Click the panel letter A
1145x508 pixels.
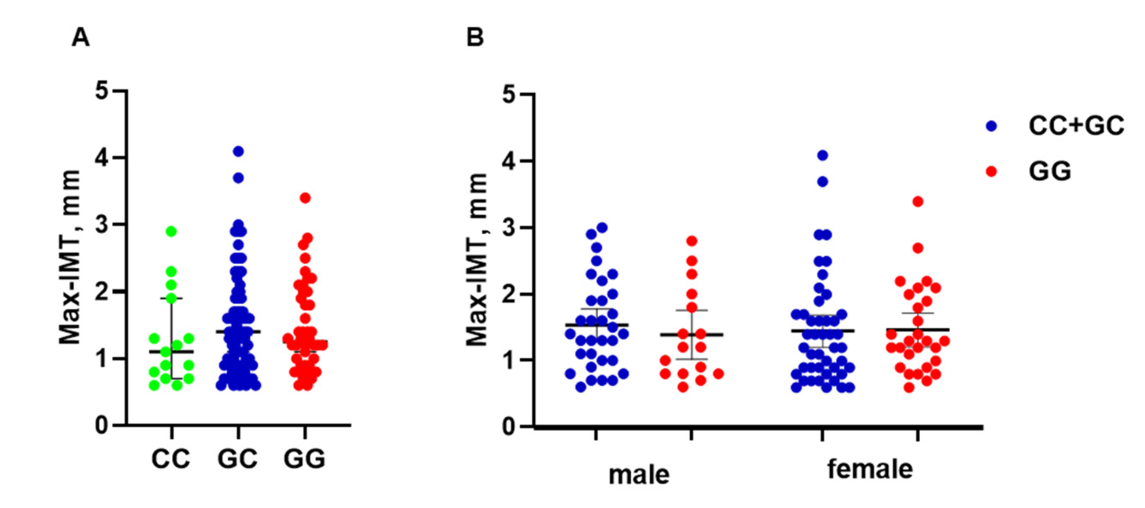coord(80,38)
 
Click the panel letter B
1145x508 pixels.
coord(475,38)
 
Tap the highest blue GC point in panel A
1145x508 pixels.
coord(239,151)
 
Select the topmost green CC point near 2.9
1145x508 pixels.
coord(172,231)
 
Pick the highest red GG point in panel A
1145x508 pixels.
coord(305,198)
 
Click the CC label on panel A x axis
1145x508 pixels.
coord(171,459)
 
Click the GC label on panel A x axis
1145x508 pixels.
coord(237,459)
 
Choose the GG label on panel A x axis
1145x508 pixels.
coord(305,459)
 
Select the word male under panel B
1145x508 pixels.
coord(639,475)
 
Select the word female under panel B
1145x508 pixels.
coord(870,469)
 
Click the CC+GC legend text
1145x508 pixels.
coord(1076,126)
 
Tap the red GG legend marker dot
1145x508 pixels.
coord(991,171)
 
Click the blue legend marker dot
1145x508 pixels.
coord(991,126)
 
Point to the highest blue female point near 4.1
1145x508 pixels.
coord(823,155)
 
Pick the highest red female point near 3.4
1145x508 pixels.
coord(918,202)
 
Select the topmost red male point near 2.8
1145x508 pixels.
coord(692,241)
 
